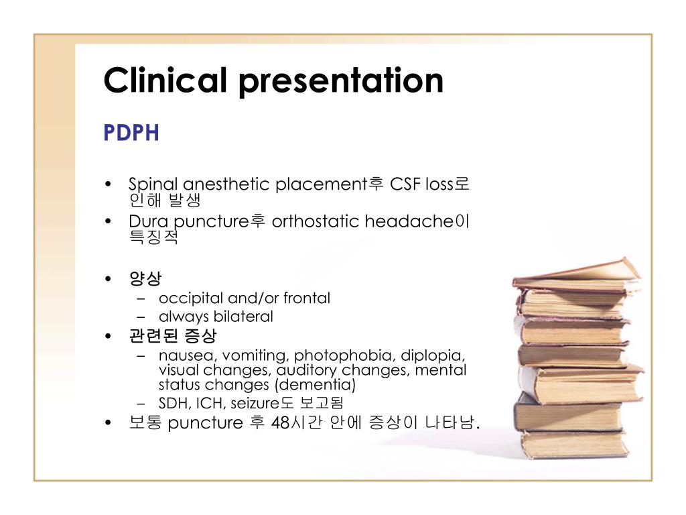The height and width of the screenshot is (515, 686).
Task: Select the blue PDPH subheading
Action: [x=131, y=133]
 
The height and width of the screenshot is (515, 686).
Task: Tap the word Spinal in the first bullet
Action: [x=153, y=185]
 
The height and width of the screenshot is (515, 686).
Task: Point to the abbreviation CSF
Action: [x=405, y=184]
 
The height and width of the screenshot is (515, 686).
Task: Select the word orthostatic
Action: [x=315, y=221]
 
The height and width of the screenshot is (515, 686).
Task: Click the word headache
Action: [x=409, y=221]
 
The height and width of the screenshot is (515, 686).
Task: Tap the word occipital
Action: [x=191, y=298]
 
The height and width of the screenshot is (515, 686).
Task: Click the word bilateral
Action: [x=243, y=317]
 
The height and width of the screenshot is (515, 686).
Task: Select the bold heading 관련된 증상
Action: [x=173, y=335]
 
